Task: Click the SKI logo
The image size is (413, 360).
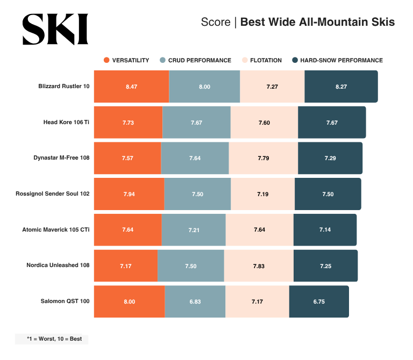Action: (55, 29)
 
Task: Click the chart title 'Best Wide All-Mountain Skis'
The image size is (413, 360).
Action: (317, 22)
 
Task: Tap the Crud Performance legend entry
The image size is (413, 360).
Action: (195, 60)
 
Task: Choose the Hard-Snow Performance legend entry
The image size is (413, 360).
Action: (337, 60)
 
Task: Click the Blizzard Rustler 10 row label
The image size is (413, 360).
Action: (64, 87)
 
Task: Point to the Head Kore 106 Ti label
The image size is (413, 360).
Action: (66, 123)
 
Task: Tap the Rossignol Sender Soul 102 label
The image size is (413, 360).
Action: (53, 193)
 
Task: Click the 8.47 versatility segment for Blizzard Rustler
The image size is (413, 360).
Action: (131, 87)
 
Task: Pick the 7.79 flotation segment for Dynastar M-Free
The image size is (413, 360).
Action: (264, 158)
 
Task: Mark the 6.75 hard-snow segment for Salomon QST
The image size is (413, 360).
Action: (319, 301)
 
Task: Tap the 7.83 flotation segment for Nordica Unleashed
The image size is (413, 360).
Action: (259, 265)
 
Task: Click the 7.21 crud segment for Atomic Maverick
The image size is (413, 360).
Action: (194, 230)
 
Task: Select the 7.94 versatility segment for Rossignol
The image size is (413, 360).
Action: (129, 194)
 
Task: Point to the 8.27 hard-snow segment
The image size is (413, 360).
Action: (341, 87)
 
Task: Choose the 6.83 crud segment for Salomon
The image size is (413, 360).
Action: (195, 301)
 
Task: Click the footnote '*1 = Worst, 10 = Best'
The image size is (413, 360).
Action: (52, 339)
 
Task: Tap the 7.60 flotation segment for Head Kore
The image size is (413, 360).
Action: (264, 123)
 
